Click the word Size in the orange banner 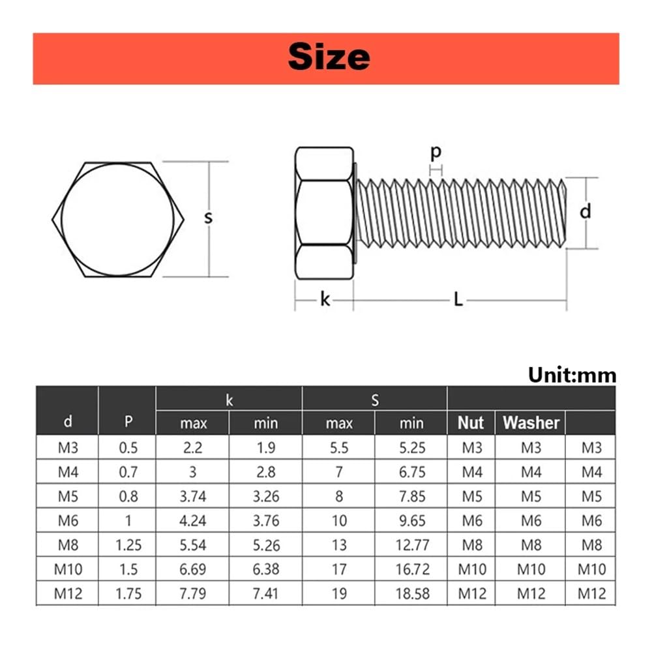pos(329,57)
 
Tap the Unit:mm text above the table pos(572,375)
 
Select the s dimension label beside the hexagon pos(208,217)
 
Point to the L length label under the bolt pos(458,300)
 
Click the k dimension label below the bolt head pos(325,300)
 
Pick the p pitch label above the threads pos(436,152)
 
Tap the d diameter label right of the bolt pos(585,211)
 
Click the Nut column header pos(471,423)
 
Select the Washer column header pos(531,423)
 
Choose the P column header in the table pos(128,422)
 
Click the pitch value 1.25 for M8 pos(128,544)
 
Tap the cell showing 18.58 pos(411,593)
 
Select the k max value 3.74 pos(193,496)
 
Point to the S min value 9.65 pos(411,520)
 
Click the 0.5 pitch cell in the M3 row pos(128,448)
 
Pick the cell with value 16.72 pos(411,569)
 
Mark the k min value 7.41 pos(265,593)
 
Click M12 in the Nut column pos(471,593)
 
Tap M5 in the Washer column pos(531,496)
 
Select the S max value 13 pos(339,544)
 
